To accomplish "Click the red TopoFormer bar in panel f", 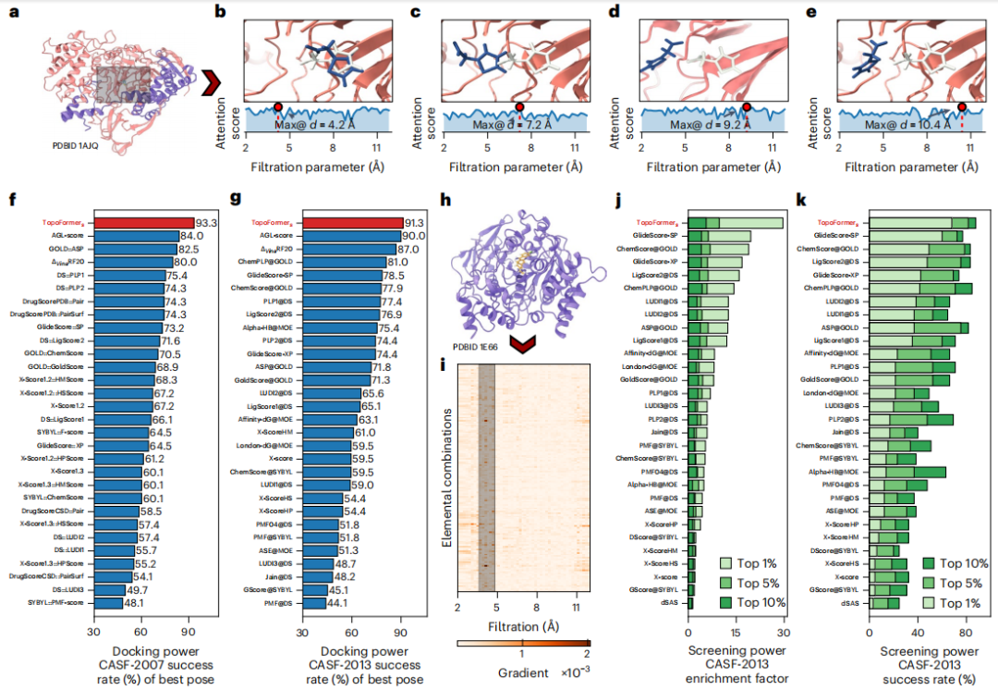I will [x=143, y=223].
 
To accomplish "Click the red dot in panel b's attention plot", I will [x=278, y=108].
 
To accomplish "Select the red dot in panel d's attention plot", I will [x=747, y=108].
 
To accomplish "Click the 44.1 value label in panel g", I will [x=339, y=603].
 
